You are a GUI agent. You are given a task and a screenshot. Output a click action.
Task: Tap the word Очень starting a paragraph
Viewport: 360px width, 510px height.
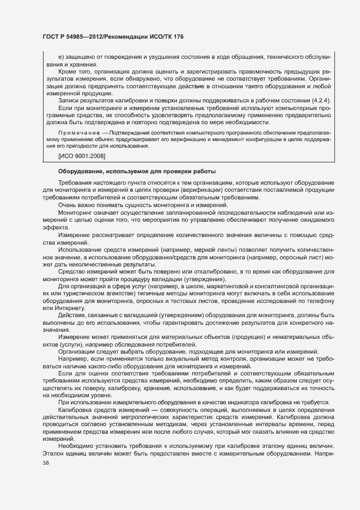pyautogui.click(x=68, y=204)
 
